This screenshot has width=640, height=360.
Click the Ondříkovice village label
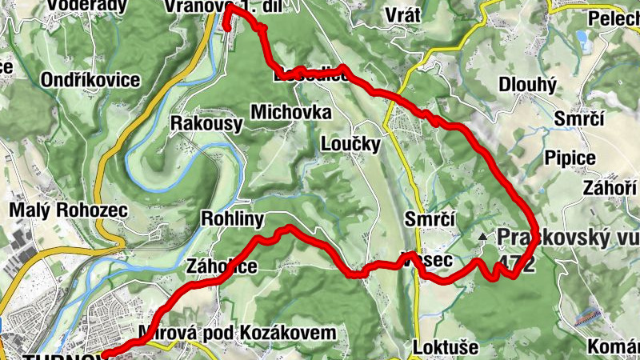point(87,80)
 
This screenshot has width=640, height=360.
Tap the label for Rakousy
point(206,123)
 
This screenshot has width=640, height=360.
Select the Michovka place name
point(290,113)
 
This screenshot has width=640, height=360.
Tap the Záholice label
point(221,266)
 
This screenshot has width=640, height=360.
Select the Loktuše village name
point(446,348)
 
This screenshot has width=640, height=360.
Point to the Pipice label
point(570,158)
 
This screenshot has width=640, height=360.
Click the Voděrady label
point(87,6)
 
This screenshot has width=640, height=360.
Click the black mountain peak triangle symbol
point(482,238)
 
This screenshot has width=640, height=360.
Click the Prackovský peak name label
point(567,238)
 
